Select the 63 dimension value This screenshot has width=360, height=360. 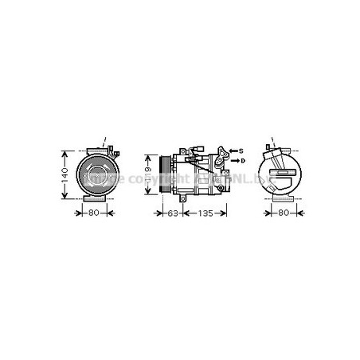pyautogui.click(x=171, y=213)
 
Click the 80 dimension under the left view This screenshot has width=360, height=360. pyautogui.click(x=92, y=213)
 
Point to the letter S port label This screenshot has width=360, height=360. pyautogui.click(x=241, y=150)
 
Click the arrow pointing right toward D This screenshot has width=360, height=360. pyautogui.click(x=232, y=161)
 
